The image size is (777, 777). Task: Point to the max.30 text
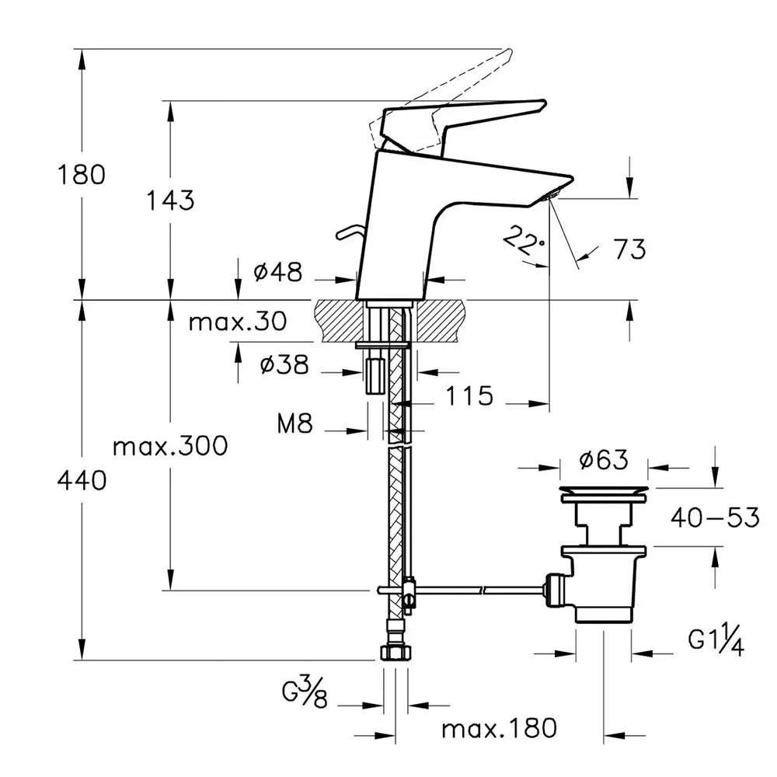[x=237, y=321]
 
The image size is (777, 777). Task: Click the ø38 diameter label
[x=285, y=364]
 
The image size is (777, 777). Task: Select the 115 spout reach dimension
[x=469, y=396]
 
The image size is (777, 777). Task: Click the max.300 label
[x=170, y=447]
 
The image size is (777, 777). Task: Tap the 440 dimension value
[x=81, y=482]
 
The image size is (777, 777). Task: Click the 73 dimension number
[x=629, y=249]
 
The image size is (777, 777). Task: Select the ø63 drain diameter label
[x=604, y=461]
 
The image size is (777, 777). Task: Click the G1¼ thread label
[x=716, y=642]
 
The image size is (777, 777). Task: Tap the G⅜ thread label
[x=305, y=690]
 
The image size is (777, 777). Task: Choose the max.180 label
[x=499, y=729]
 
